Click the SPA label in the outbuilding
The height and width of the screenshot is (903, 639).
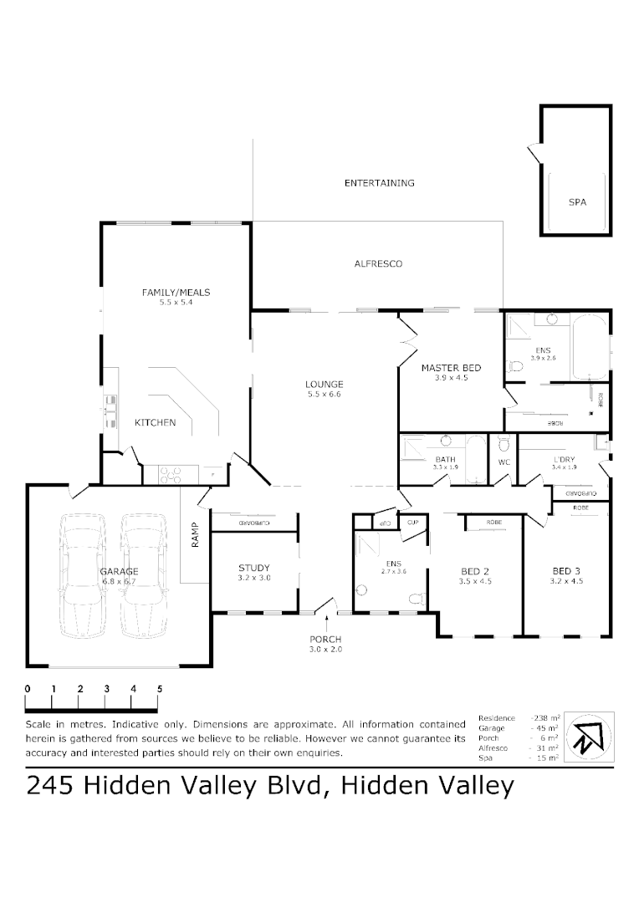(x=577, y=202)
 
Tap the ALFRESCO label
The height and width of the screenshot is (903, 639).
(x=378, y=263)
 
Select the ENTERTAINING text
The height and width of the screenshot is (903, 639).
(x=379, y=182)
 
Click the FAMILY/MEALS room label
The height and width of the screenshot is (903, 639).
(x=176, y=292)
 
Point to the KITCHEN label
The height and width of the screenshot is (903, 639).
(x=156, y=422)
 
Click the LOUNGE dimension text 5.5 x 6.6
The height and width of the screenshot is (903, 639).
(x=325, y=394)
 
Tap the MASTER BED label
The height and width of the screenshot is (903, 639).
(x=451, y=367)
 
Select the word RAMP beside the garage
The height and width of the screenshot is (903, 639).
(x=195, y=535)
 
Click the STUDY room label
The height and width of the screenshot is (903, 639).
(x=254, y=568)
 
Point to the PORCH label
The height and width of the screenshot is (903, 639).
(x=325, y=639)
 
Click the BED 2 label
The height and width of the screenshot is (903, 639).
(x=476, y=571)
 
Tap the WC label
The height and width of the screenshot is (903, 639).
(x=504, y=462)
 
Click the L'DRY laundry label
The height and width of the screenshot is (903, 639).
(x=565, y=459)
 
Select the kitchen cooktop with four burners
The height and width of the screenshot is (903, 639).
(x=171, y=475)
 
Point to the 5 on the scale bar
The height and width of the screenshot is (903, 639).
(x=160, y=689)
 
